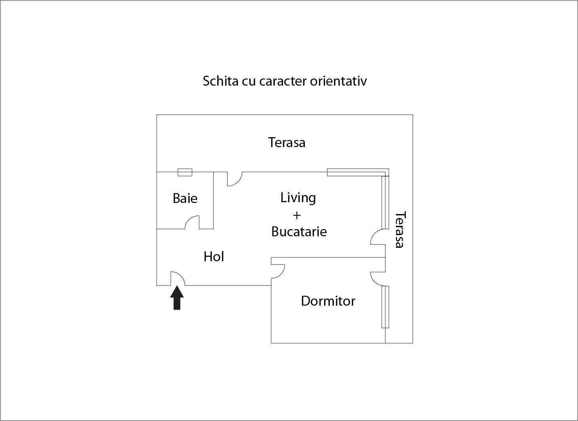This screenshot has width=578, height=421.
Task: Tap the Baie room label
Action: click(185, 198)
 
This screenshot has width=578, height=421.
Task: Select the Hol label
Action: click(214, 257)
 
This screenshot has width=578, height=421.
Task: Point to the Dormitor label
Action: click(328, 301)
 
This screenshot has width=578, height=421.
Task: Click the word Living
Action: click(298, 197)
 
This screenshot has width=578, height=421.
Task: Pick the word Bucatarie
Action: click(299, 232)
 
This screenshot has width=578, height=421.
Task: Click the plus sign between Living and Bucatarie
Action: click(297, 215)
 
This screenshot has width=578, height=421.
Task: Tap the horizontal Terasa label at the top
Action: click(287, 142)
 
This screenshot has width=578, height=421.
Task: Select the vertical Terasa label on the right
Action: click(400, 230)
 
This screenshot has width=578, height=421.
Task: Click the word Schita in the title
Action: click(220, 81)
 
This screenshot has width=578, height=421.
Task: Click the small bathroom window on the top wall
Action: click(185, 172)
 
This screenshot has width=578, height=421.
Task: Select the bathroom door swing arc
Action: click(192, 222)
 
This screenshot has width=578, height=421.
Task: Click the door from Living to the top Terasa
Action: click(235, 179)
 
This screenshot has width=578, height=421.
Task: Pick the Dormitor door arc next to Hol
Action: click(278, 272)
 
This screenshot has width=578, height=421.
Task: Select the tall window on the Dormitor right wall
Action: click(385, 307)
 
